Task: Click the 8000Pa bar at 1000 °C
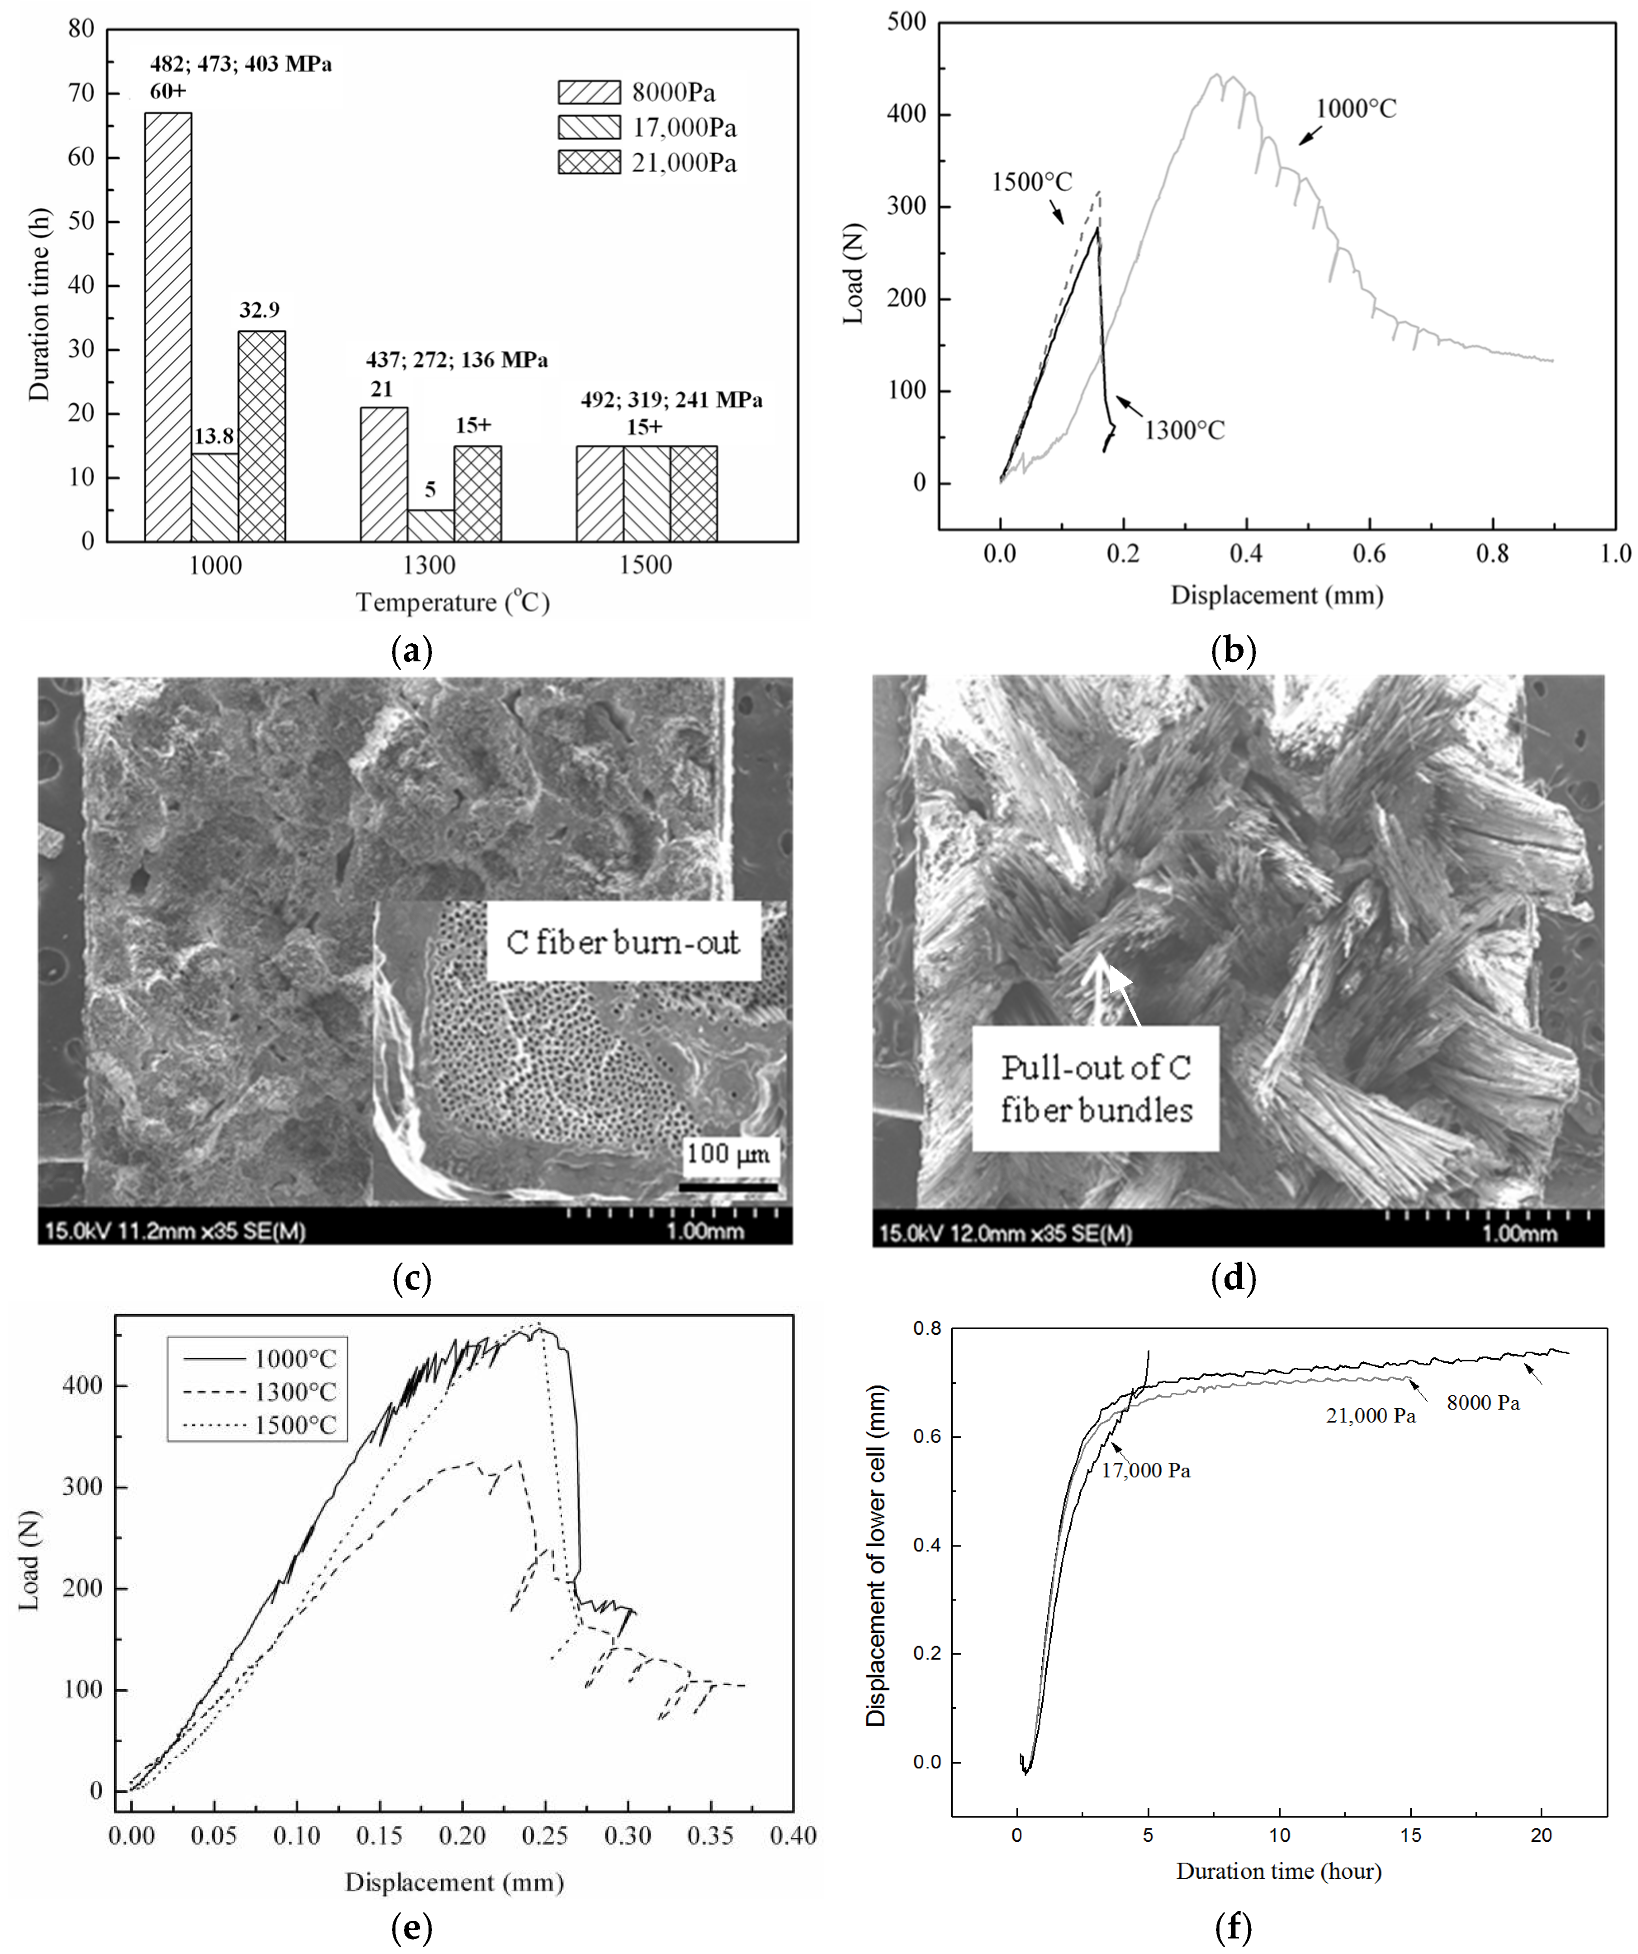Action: [168, 325]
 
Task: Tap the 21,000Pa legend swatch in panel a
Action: [588, 162]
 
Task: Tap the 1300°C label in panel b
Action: [1184, 431]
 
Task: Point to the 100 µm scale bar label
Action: [728, 1154]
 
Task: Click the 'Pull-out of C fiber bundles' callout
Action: [1095, 1089]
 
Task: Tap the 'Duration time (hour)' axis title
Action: [1278, 1871]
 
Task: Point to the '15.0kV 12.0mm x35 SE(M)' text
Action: [1005, 1234]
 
